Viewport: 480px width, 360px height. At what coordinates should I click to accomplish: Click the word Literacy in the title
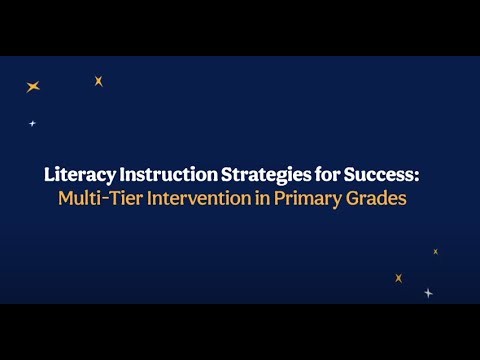[x=77, y=173]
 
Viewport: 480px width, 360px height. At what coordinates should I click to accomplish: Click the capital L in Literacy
[x=49, y=173]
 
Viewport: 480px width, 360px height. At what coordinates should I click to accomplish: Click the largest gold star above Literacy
[x=33, y=87]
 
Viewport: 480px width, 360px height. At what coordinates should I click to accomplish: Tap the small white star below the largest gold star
[x=32, y=124]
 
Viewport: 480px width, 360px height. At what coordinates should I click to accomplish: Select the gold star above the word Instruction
[x=98, y=81]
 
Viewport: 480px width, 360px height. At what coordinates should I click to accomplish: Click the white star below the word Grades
[x=428, y=293]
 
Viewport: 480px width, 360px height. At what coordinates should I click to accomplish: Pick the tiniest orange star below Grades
[x=435, y=252]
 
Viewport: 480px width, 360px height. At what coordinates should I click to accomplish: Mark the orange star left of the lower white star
[x=398, y=278]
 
